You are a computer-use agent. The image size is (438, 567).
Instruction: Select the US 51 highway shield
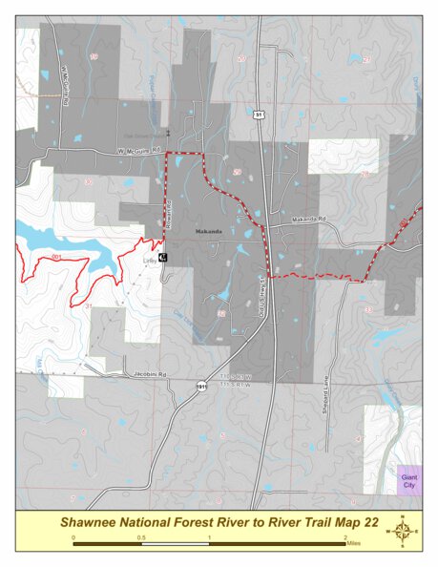(259, 115)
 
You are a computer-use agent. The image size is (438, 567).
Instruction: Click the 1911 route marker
(201, 387)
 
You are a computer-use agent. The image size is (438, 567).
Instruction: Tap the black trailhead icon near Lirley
(162, 258)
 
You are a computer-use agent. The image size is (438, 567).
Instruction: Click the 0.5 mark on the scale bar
(141, 537)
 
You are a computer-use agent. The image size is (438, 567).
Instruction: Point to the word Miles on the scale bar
(354, 539)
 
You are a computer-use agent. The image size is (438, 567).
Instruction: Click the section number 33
(368, 309)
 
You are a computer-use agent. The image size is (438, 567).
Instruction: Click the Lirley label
(149, 259)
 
